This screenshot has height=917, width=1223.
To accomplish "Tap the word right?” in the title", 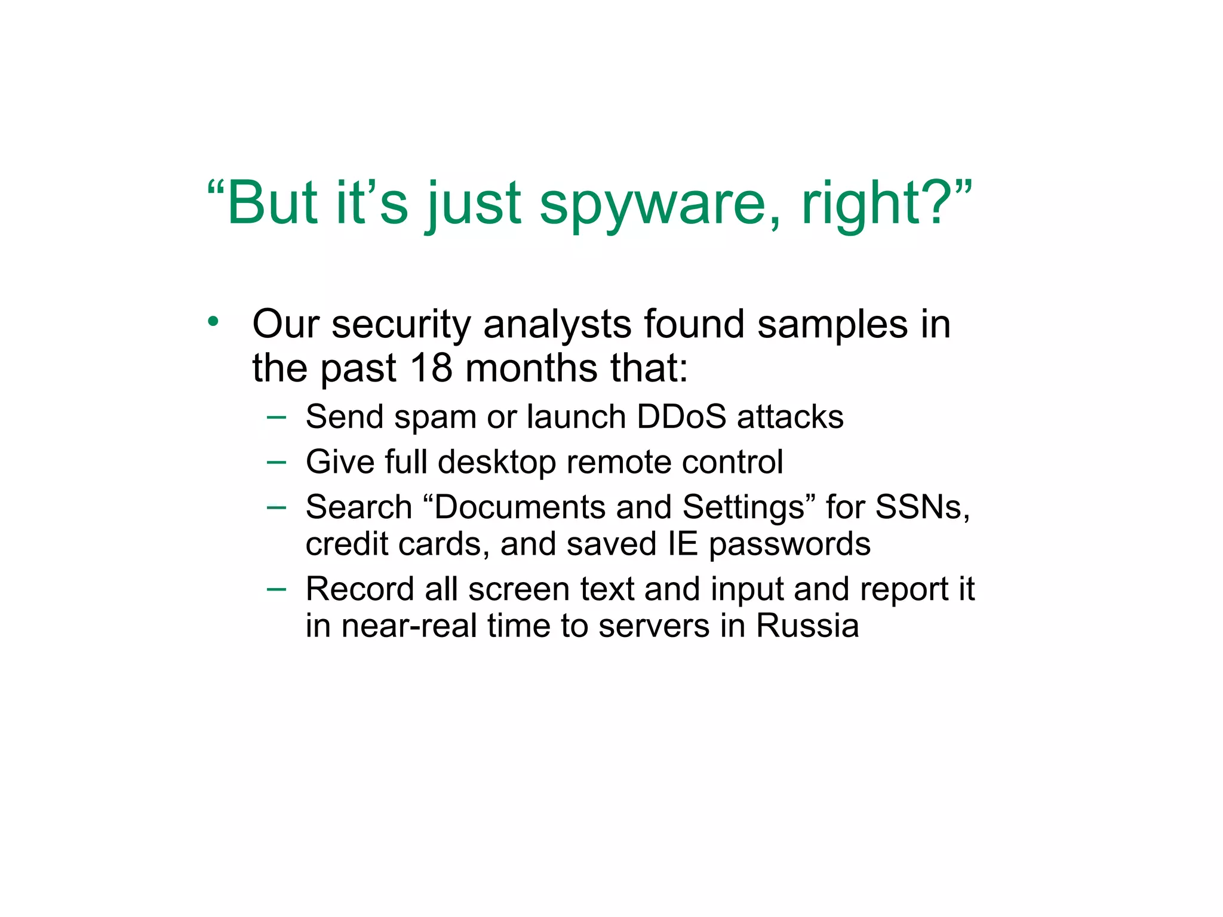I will pos(887,204).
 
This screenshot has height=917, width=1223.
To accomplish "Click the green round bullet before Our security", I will pos(213,322).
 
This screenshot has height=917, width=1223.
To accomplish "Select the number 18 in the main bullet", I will pos(431,368).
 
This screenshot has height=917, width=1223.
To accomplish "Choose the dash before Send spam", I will pos(276,417).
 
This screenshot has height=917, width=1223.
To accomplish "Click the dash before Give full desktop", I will pos(276,461).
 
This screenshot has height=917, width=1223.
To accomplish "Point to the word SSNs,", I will pos(923,507).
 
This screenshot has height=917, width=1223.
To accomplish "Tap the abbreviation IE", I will pos(683,544).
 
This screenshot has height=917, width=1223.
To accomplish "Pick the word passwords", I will pos(789,545).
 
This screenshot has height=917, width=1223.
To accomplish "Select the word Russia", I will pos(807,626).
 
